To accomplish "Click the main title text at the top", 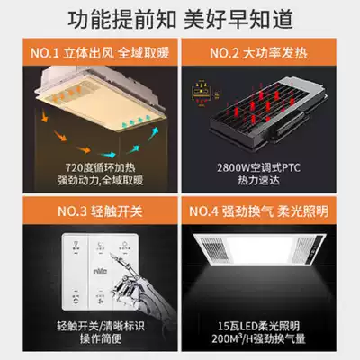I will tap(180, 17).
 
